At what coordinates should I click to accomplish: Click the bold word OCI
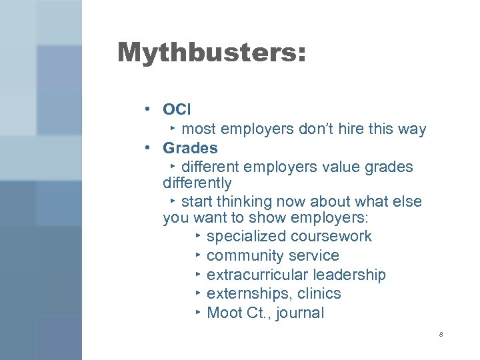point(177,109)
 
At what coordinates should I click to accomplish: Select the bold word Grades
point(190,147)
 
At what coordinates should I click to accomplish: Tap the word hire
point(335,129)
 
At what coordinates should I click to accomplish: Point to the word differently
point(197,183)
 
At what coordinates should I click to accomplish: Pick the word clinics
point(319,294)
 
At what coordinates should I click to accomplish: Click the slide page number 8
point(441,333)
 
